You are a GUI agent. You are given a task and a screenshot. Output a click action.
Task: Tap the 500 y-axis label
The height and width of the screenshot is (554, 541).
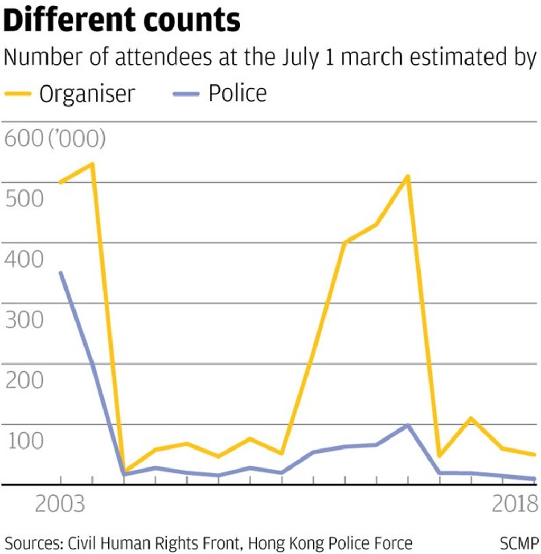pos(23,199)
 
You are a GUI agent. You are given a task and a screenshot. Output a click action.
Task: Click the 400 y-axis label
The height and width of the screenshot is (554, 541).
pos(23,260)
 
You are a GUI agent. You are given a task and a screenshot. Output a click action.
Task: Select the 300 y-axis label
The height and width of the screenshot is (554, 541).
pos(23,320)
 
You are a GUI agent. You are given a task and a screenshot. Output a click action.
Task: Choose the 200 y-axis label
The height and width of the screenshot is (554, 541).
pos(23,380)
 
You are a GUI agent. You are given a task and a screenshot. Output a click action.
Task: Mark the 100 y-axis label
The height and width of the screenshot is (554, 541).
pos(23,441)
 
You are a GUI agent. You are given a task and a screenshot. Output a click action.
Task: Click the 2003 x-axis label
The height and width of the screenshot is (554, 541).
pos(60,504)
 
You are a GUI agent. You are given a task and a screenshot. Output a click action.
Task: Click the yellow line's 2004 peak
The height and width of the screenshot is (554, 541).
pos(92,164)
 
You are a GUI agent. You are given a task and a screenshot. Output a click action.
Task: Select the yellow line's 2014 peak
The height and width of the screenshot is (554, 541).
pos(408,176)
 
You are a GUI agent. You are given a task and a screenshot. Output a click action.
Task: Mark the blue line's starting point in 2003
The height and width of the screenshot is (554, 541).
pos(61,273)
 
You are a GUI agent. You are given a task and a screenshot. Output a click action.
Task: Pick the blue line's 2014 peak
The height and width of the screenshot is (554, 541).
pos(408,425)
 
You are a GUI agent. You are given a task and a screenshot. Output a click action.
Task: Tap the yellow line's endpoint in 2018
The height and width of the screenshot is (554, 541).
pos(534,454)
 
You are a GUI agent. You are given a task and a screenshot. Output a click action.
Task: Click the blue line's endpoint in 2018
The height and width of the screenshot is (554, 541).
pos(534,479)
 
